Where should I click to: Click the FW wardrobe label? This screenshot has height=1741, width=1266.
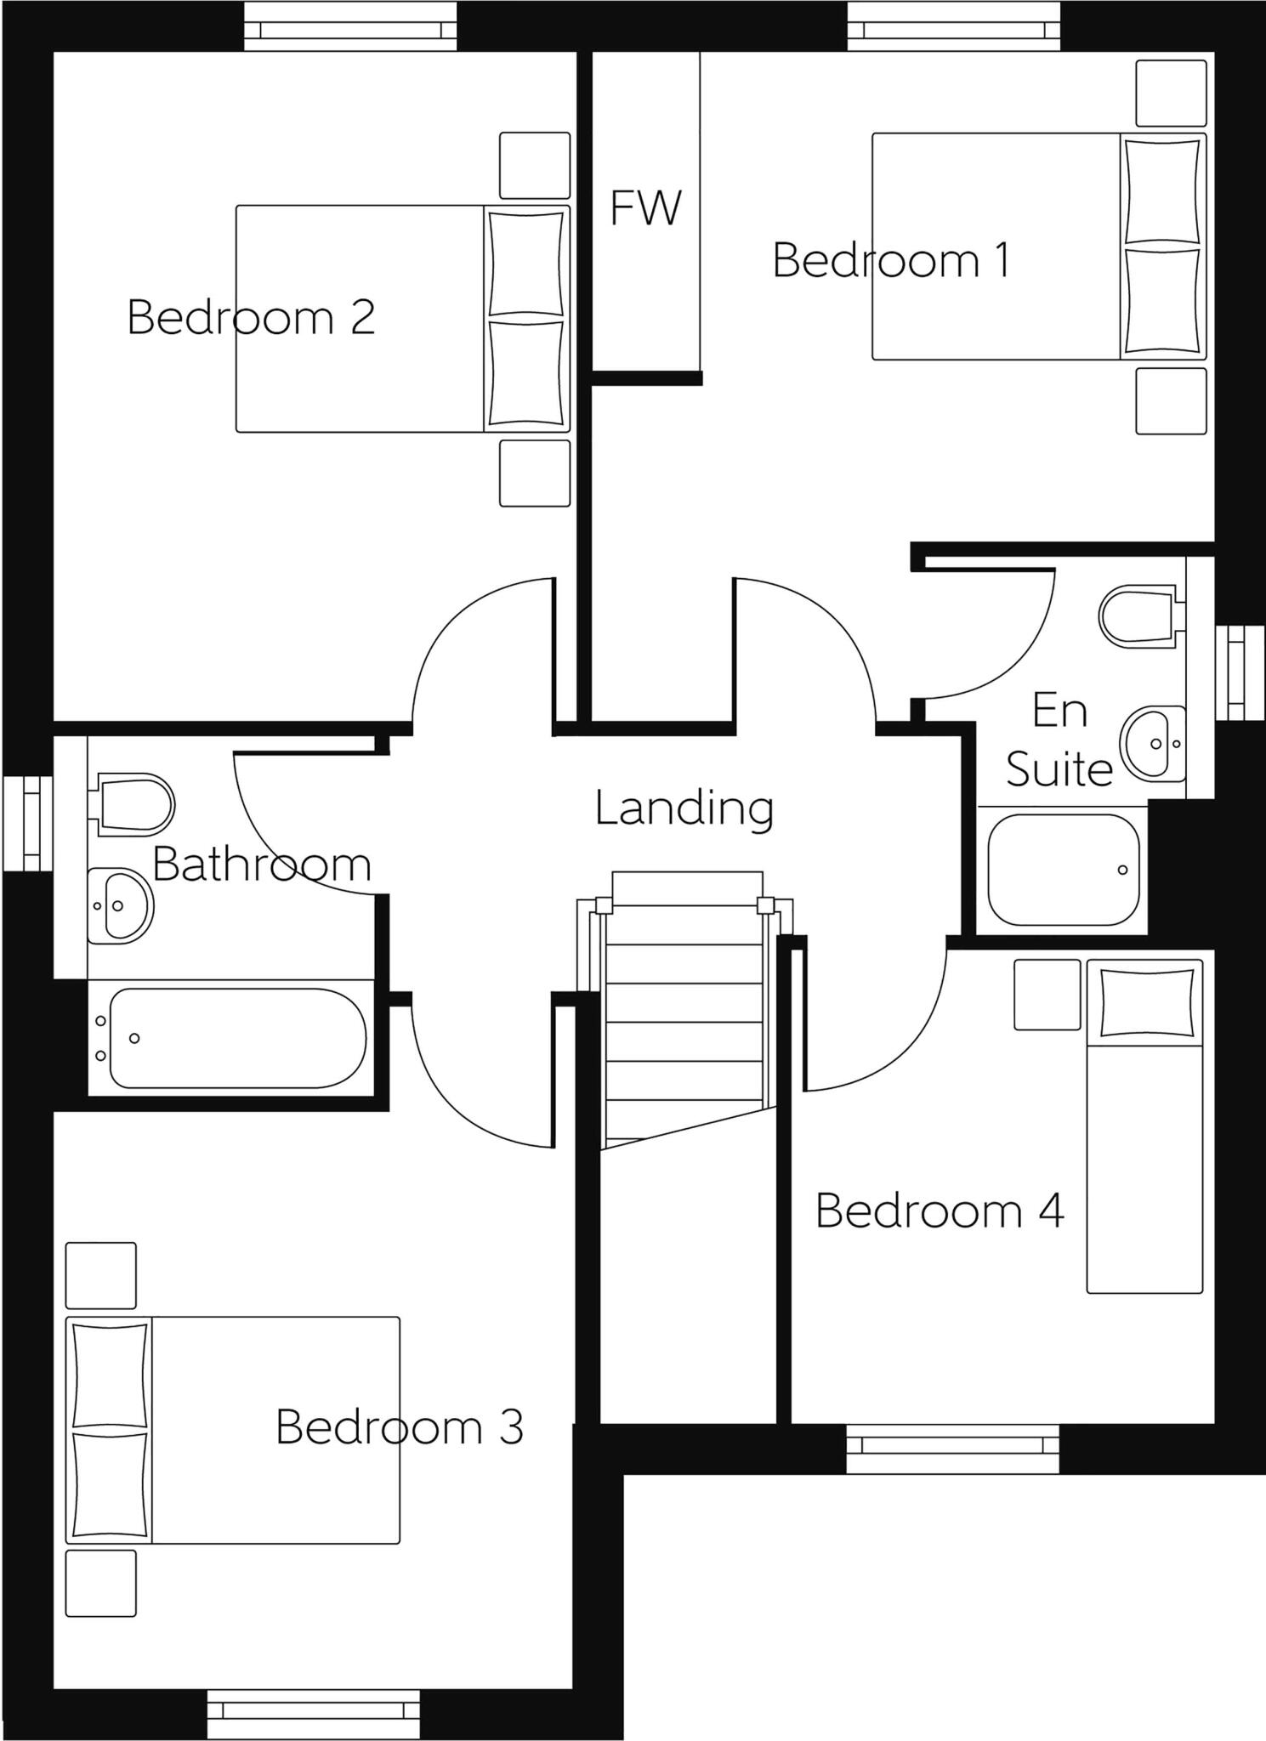pyautogui.click(x=645, y=208)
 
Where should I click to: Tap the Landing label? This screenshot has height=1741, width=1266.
pyautogui.click(x=684, y=808)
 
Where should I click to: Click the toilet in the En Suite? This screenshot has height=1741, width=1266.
pyautogui.click(x=1138, y=614)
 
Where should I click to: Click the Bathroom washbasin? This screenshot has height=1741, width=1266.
pyautogui.click(x=120, y=905)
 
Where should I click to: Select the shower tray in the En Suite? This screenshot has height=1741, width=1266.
pyautogui.click(x=1062, y=870)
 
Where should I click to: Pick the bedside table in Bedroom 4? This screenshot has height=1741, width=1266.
pyautogui.click(x=1047, y=994)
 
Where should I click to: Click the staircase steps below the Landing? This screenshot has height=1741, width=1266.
pyautogui.click(x=684, y=1020)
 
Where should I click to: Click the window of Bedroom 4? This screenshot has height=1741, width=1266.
pyautogui.click(x=952, y=1445)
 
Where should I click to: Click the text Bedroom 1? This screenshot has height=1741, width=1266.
pyautogui.click(x=890, y=261)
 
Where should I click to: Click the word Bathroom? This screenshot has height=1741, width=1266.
pyautogui.click(x=261, y=865)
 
